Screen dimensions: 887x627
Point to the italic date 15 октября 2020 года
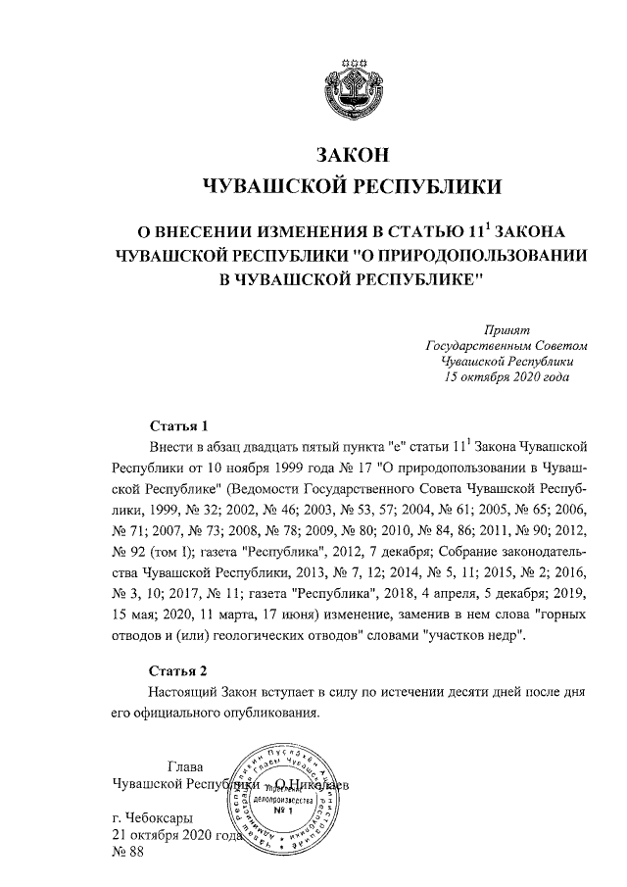click(x=506, y=376)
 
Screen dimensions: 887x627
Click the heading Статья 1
click(x=179, y=426)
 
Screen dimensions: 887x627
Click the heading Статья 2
click(x=179, y=671)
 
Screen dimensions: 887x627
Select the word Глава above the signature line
click(x=186, y=766)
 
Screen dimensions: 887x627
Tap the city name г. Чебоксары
click(x=153, y=816)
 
